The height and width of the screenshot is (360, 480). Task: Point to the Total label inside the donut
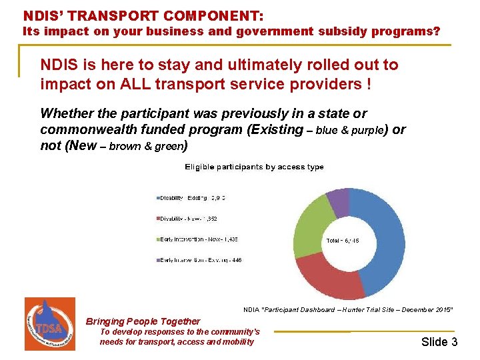tap(343, 240)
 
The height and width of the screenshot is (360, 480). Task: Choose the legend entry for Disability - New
tap(189, 218)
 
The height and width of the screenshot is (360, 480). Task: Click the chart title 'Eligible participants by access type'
tap(254, 167)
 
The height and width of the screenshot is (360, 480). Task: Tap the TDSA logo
tap(49, 323)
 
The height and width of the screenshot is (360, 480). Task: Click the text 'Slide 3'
tap(439, 342)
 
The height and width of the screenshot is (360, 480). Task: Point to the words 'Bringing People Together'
tap(143, 321)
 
